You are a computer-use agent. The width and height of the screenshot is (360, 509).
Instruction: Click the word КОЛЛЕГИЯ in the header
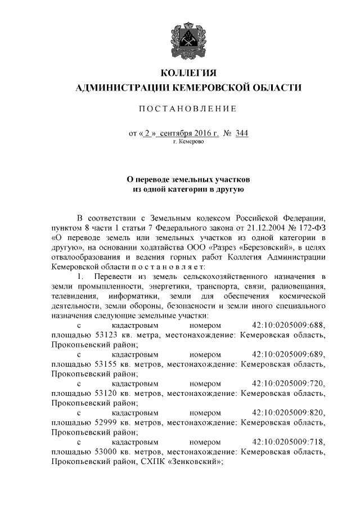tap(188, 74)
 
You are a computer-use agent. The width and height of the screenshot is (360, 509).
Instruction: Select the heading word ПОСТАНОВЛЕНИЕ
tap(188, 107)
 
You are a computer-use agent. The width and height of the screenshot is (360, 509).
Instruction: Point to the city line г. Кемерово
tap(188, 142)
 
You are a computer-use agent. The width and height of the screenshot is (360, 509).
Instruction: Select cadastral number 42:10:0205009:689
tap(289, 354)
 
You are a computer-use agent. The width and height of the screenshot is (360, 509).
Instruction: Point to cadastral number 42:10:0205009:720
tap(289, 383)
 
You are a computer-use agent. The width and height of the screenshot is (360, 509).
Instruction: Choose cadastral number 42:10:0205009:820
tap(289, 412)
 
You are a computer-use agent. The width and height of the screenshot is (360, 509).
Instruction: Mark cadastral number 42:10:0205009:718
tap(289, 442)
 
